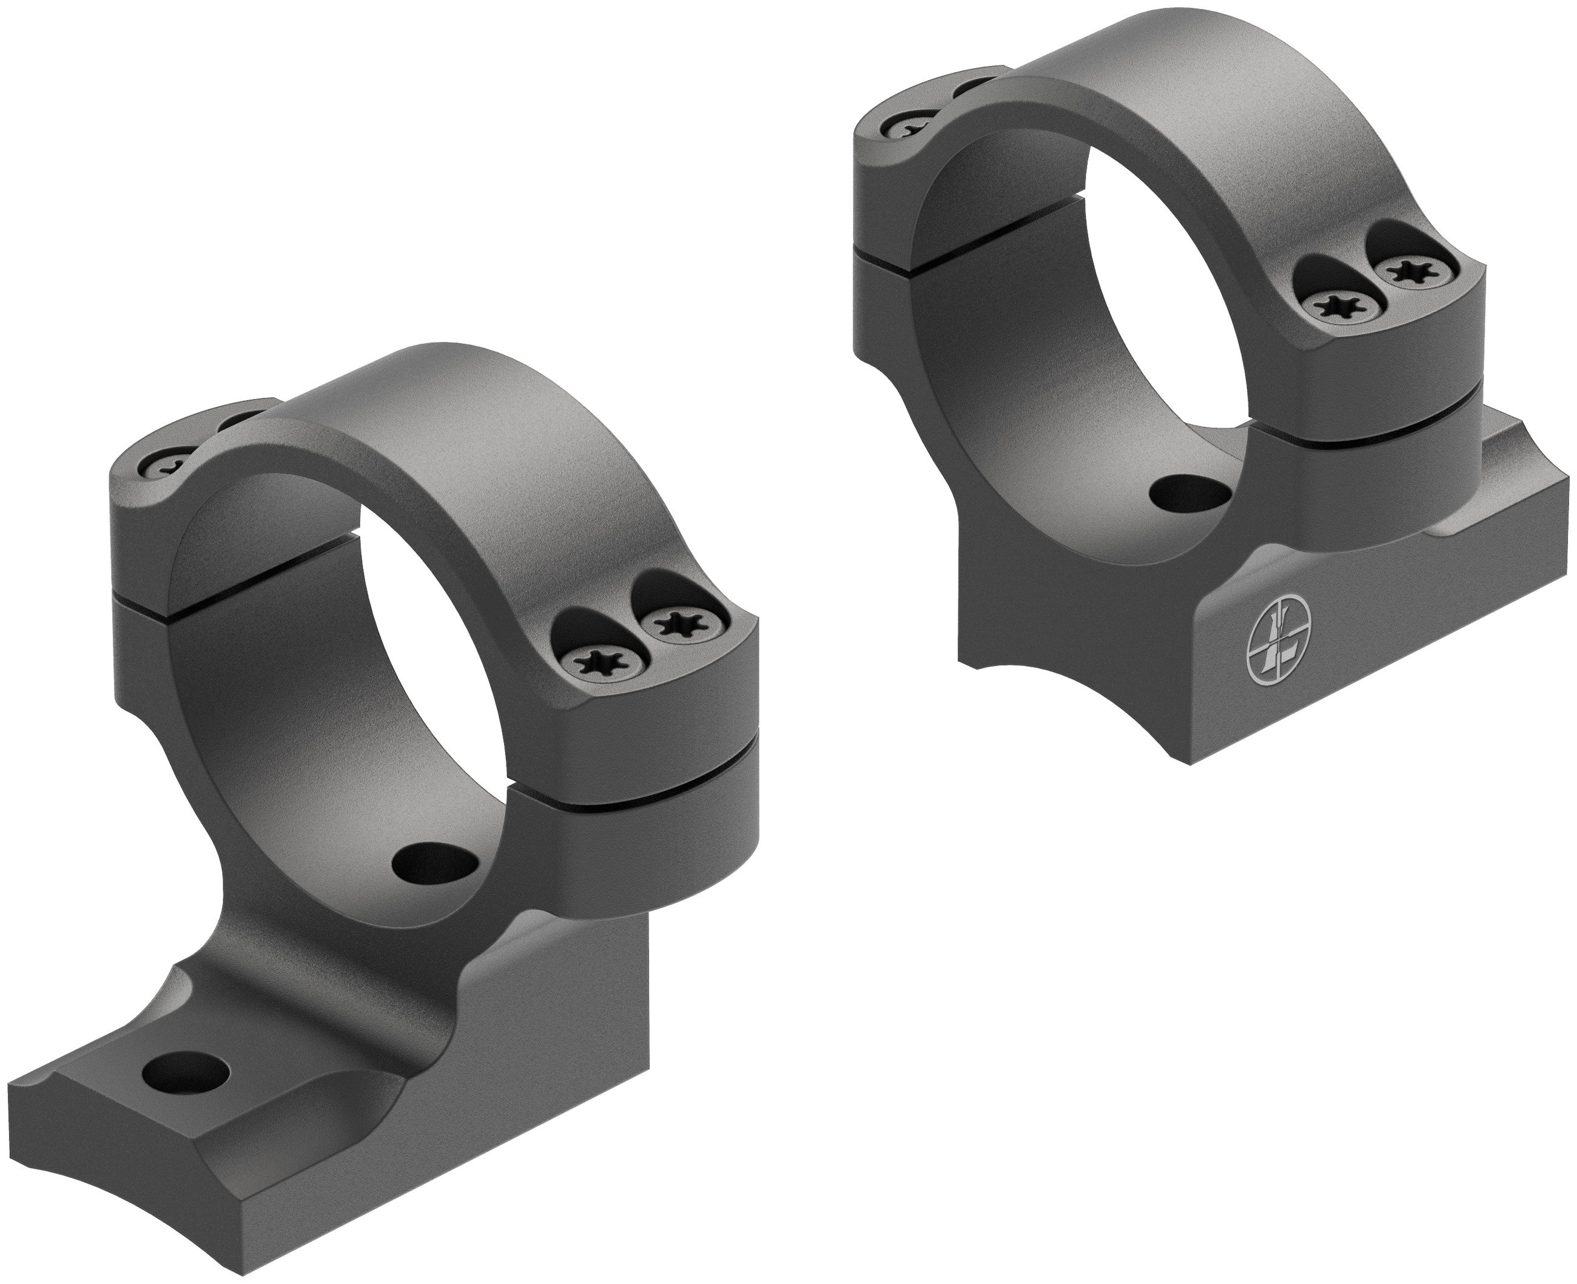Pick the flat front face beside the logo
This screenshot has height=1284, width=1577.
[x=1405, y=614]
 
